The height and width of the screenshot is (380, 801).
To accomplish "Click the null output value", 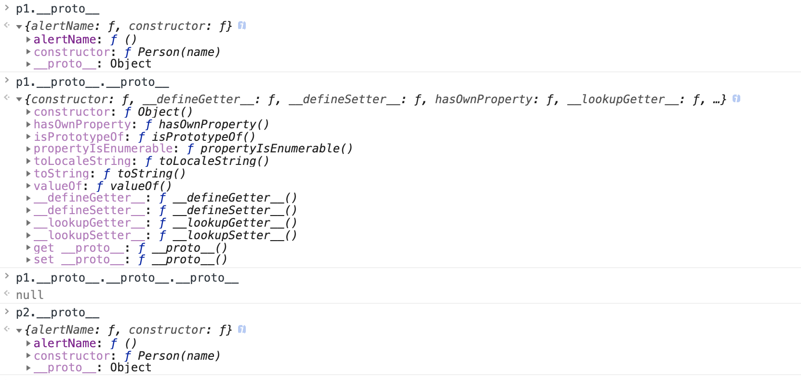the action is (29, 295).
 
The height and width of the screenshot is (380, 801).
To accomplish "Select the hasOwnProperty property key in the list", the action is (82, 124).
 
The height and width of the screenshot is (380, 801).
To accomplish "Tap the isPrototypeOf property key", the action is (78, 137).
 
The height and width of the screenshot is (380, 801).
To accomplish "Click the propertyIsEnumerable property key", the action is (103, 149).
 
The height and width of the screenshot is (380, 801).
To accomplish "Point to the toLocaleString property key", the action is (82, 161).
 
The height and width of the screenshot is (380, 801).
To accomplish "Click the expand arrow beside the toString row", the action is (28, 174).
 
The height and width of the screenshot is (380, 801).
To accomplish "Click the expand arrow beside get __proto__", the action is (28, 248).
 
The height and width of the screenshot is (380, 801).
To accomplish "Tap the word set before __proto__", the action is (43, 259).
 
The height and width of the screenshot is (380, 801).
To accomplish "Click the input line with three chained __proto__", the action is (127, 278).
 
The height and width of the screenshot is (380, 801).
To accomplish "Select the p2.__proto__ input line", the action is (57, 312).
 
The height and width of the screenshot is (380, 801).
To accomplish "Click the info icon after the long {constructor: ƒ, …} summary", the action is (736, 99).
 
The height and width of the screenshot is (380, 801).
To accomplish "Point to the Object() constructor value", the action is (165, 112).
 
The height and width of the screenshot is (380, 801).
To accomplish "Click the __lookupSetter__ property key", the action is (89, 235).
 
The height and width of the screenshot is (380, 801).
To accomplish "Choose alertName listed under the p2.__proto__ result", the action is (65, 343).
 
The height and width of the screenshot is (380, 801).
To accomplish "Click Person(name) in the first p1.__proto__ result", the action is (179, 52).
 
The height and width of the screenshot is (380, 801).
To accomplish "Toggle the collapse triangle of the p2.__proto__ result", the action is (19, 330).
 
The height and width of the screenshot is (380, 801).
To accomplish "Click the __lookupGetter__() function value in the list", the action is (235, 223).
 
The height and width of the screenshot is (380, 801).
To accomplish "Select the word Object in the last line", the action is (131, 367).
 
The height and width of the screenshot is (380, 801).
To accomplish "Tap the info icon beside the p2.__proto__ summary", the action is (242, 329).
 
